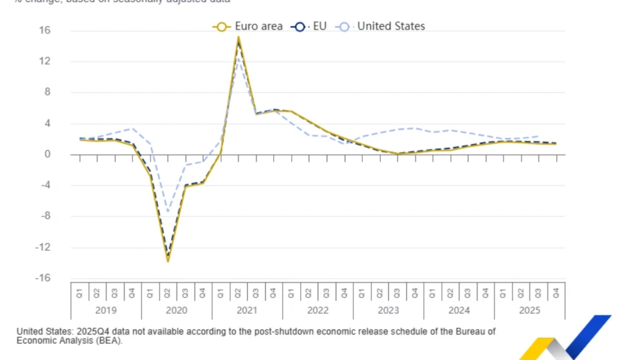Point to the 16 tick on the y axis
pyautogui.click(x=45, y=31)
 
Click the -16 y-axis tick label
pyautogui.click(x=44, y=279)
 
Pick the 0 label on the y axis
pyautogui.click(x=48, y=154)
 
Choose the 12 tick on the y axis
pyautogui.click(x=45, y=61)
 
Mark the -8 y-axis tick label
pyautogui.click(x=45, y=216)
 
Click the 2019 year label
pyautogui.click(x=106, y=311)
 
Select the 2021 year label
pyautogui.click(x=247, y=311)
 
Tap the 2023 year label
pyautogui.click(x=388, y=311)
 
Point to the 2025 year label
pyautogui.click(x=530, y=311)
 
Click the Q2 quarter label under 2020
pyautogui.click(x=168, y=293)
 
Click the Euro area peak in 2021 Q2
pyautogui.click(x=238, y=38)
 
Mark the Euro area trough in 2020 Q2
pyautogui.click(x=168, y=261)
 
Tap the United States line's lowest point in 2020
pyautogui.click(x=168, y=213)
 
